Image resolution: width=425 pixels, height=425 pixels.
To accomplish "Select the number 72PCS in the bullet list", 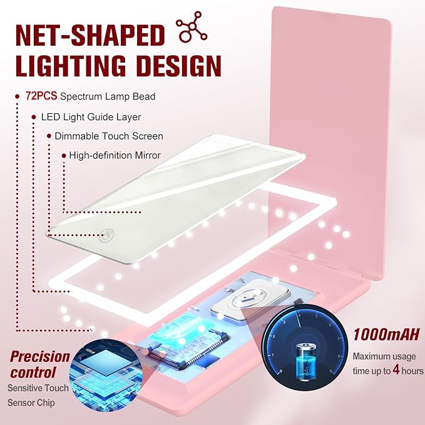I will (x=39, y=96).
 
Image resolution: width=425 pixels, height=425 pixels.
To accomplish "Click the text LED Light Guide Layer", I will (x=91, y=116).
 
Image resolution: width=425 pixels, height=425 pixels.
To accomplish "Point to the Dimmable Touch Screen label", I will (x=108, y=136).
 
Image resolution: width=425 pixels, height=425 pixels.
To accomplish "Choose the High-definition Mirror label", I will (x=115, y=155).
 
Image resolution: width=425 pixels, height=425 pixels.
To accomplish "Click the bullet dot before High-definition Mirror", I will (x=63, y=155).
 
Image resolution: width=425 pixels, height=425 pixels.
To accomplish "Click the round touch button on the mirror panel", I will (x=106, y=235).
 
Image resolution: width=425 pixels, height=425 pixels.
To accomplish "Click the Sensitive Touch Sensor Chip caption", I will (x=38, y=396).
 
